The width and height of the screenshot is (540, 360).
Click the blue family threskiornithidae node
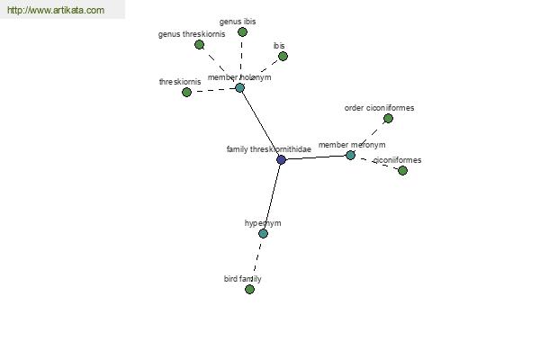click(282, 159)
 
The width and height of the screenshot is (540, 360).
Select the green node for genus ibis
click(242, 32)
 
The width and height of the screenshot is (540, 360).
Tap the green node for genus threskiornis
click(199, 44)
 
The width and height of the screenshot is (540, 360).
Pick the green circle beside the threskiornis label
click(186, 93)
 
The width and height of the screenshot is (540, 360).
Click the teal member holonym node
click(239, 88)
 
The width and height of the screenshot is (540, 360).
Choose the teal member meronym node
click(350, 156)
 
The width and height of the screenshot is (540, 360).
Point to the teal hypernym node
click(263, 234)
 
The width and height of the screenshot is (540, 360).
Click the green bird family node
click(249, 290)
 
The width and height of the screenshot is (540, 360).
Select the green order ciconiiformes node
click(388, 119)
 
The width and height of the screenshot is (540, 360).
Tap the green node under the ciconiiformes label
click(402, 170)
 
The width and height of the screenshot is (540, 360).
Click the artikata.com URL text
click(56, 10)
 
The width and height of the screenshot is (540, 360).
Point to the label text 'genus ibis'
click(238, 22)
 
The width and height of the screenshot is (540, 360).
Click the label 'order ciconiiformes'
click(379, 108)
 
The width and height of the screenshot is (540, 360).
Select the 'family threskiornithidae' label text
click(269, 149)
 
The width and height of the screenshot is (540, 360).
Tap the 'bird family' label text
click(242, 279)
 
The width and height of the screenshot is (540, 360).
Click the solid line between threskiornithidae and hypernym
click(272, 196)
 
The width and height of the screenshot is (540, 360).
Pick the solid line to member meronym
click(316, 157)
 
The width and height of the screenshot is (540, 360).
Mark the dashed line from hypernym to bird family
click(256, 262)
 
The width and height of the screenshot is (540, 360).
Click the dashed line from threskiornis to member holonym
click(213, 90)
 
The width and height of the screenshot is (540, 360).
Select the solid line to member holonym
click(260, 123)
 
